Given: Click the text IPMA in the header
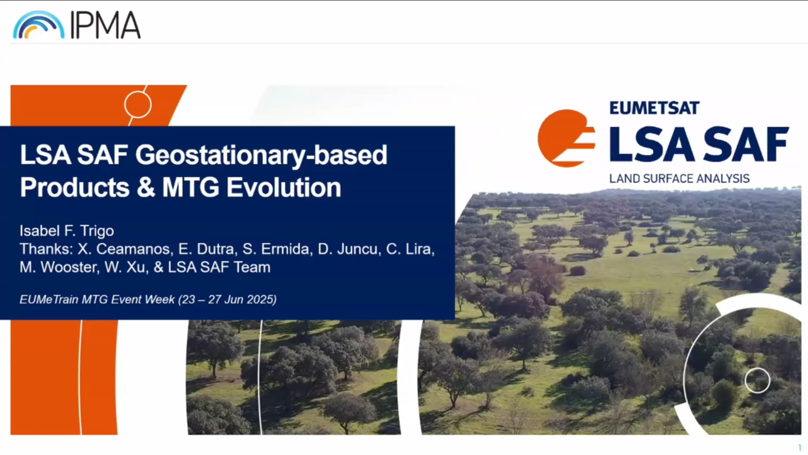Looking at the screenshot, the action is pyautogui.click(x=105, y=25).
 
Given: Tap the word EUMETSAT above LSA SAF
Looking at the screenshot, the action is pyautogui.click(x=654, y=108).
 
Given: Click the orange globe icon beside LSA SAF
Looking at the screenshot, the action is pyautogui.click(x=566, y=138).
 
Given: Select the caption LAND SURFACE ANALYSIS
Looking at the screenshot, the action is pyautogui.click(x=679, y=179).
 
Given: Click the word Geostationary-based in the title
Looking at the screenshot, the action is pyautogui.click(x=261, y=155).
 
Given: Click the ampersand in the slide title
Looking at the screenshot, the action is pyautogui.click(x=146, y=187).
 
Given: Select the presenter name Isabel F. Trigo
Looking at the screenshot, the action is pyautogui.click(x=66, y=231).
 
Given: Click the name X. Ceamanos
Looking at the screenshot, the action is pyautogui.click(x=125, y=249).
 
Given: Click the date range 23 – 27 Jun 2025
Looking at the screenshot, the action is pyautogui.click(x=227, y=300).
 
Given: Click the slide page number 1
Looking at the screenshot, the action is pyautogui.click(x=800, y=448).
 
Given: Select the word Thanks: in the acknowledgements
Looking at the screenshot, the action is pyautogui.click(x=46, y=249).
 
